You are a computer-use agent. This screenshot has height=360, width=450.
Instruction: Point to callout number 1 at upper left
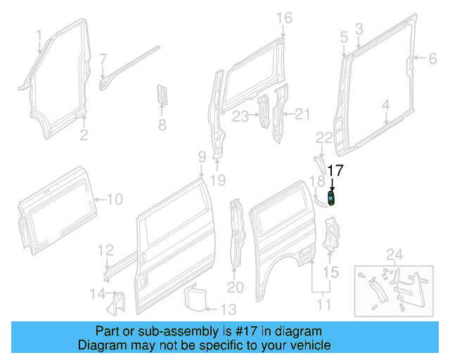pyautogui.click(x=39, y=34)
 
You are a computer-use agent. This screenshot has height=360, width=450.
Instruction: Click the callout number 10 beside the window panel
pyautogui.click(x=114, y=200)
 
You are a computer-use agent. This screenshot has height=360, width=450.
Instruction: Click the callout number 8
pyautogui.click(x=162, y=126)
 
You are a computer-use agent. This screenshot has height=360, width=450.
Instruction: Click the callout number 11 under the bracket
pyautogui.click(x=323, y=305)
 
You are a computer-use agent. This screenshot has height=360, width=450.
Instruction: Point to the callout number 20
pyautogui.click(x=235, y=287)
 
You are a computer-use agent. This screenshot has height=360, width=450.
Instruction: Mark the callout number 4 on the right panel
pyautogui.click(x=385, y=106)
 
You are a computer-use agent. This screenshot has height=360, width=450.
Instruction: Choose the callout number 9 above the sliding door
pyautogui.click(x=201, y=156)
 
